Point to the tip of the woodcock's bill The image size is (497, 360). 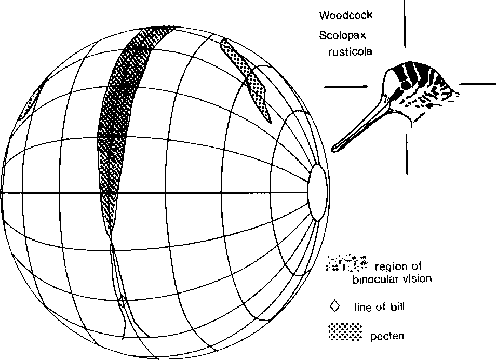pos(335,147)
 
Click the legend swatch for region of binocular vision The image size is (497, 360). pos(348,263)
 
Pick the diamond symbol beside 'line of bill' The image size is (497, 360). pos(335,306)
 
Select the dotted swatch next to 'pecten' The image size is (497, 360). pos(345,332)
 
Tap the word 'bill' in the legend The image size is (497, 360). pos(397,308)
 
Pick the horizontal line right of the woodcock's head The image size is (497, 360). pos(478,84)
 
